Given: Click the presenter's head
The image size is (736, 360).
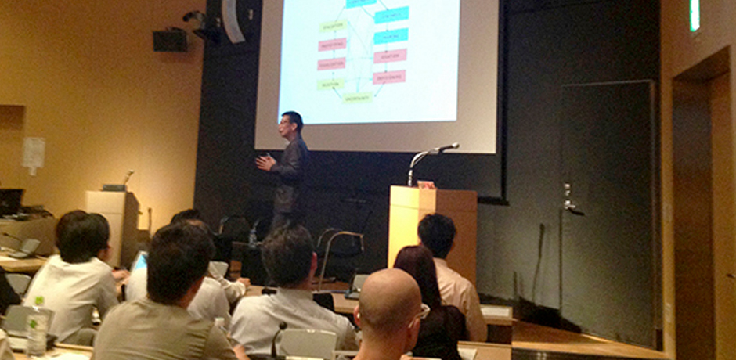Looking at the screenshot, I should [x=291, y=124].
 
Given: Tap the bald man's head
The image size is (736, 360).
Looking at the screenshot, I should [x=390, y=301].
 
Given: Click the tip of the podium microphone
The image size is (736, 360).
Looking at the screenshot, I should [x=455, y=145].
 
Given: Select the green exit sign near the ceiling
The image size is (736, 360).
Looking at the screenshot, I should [x=695, y=16].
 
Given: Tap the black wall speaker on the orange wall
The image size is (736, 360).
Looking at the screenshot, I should [x=170, y=41].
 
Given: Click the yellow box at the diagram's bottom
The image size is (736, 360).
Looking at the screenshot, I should [x=358, y=98].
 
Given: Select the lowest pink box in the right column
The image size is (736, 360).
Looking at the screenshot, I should [x=389, y=77].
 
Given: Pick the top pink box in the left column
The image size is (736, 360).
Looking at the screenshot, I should [x=332, y=45].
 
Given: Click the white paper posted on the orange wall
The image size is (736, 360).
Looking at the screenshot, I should [x=34, y=154].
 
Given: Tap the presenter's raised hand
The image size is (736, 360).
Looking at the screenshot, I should [x=265, y=162].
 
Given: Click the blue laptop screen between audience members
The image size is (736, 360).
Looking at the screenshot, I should [x=139, y=261].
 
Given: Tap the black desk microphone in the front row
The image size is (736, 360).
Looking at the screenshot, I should [x=276, y=337].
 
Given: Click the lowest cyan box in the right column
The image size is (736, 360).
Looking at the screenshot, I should [x=390, y=36].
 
